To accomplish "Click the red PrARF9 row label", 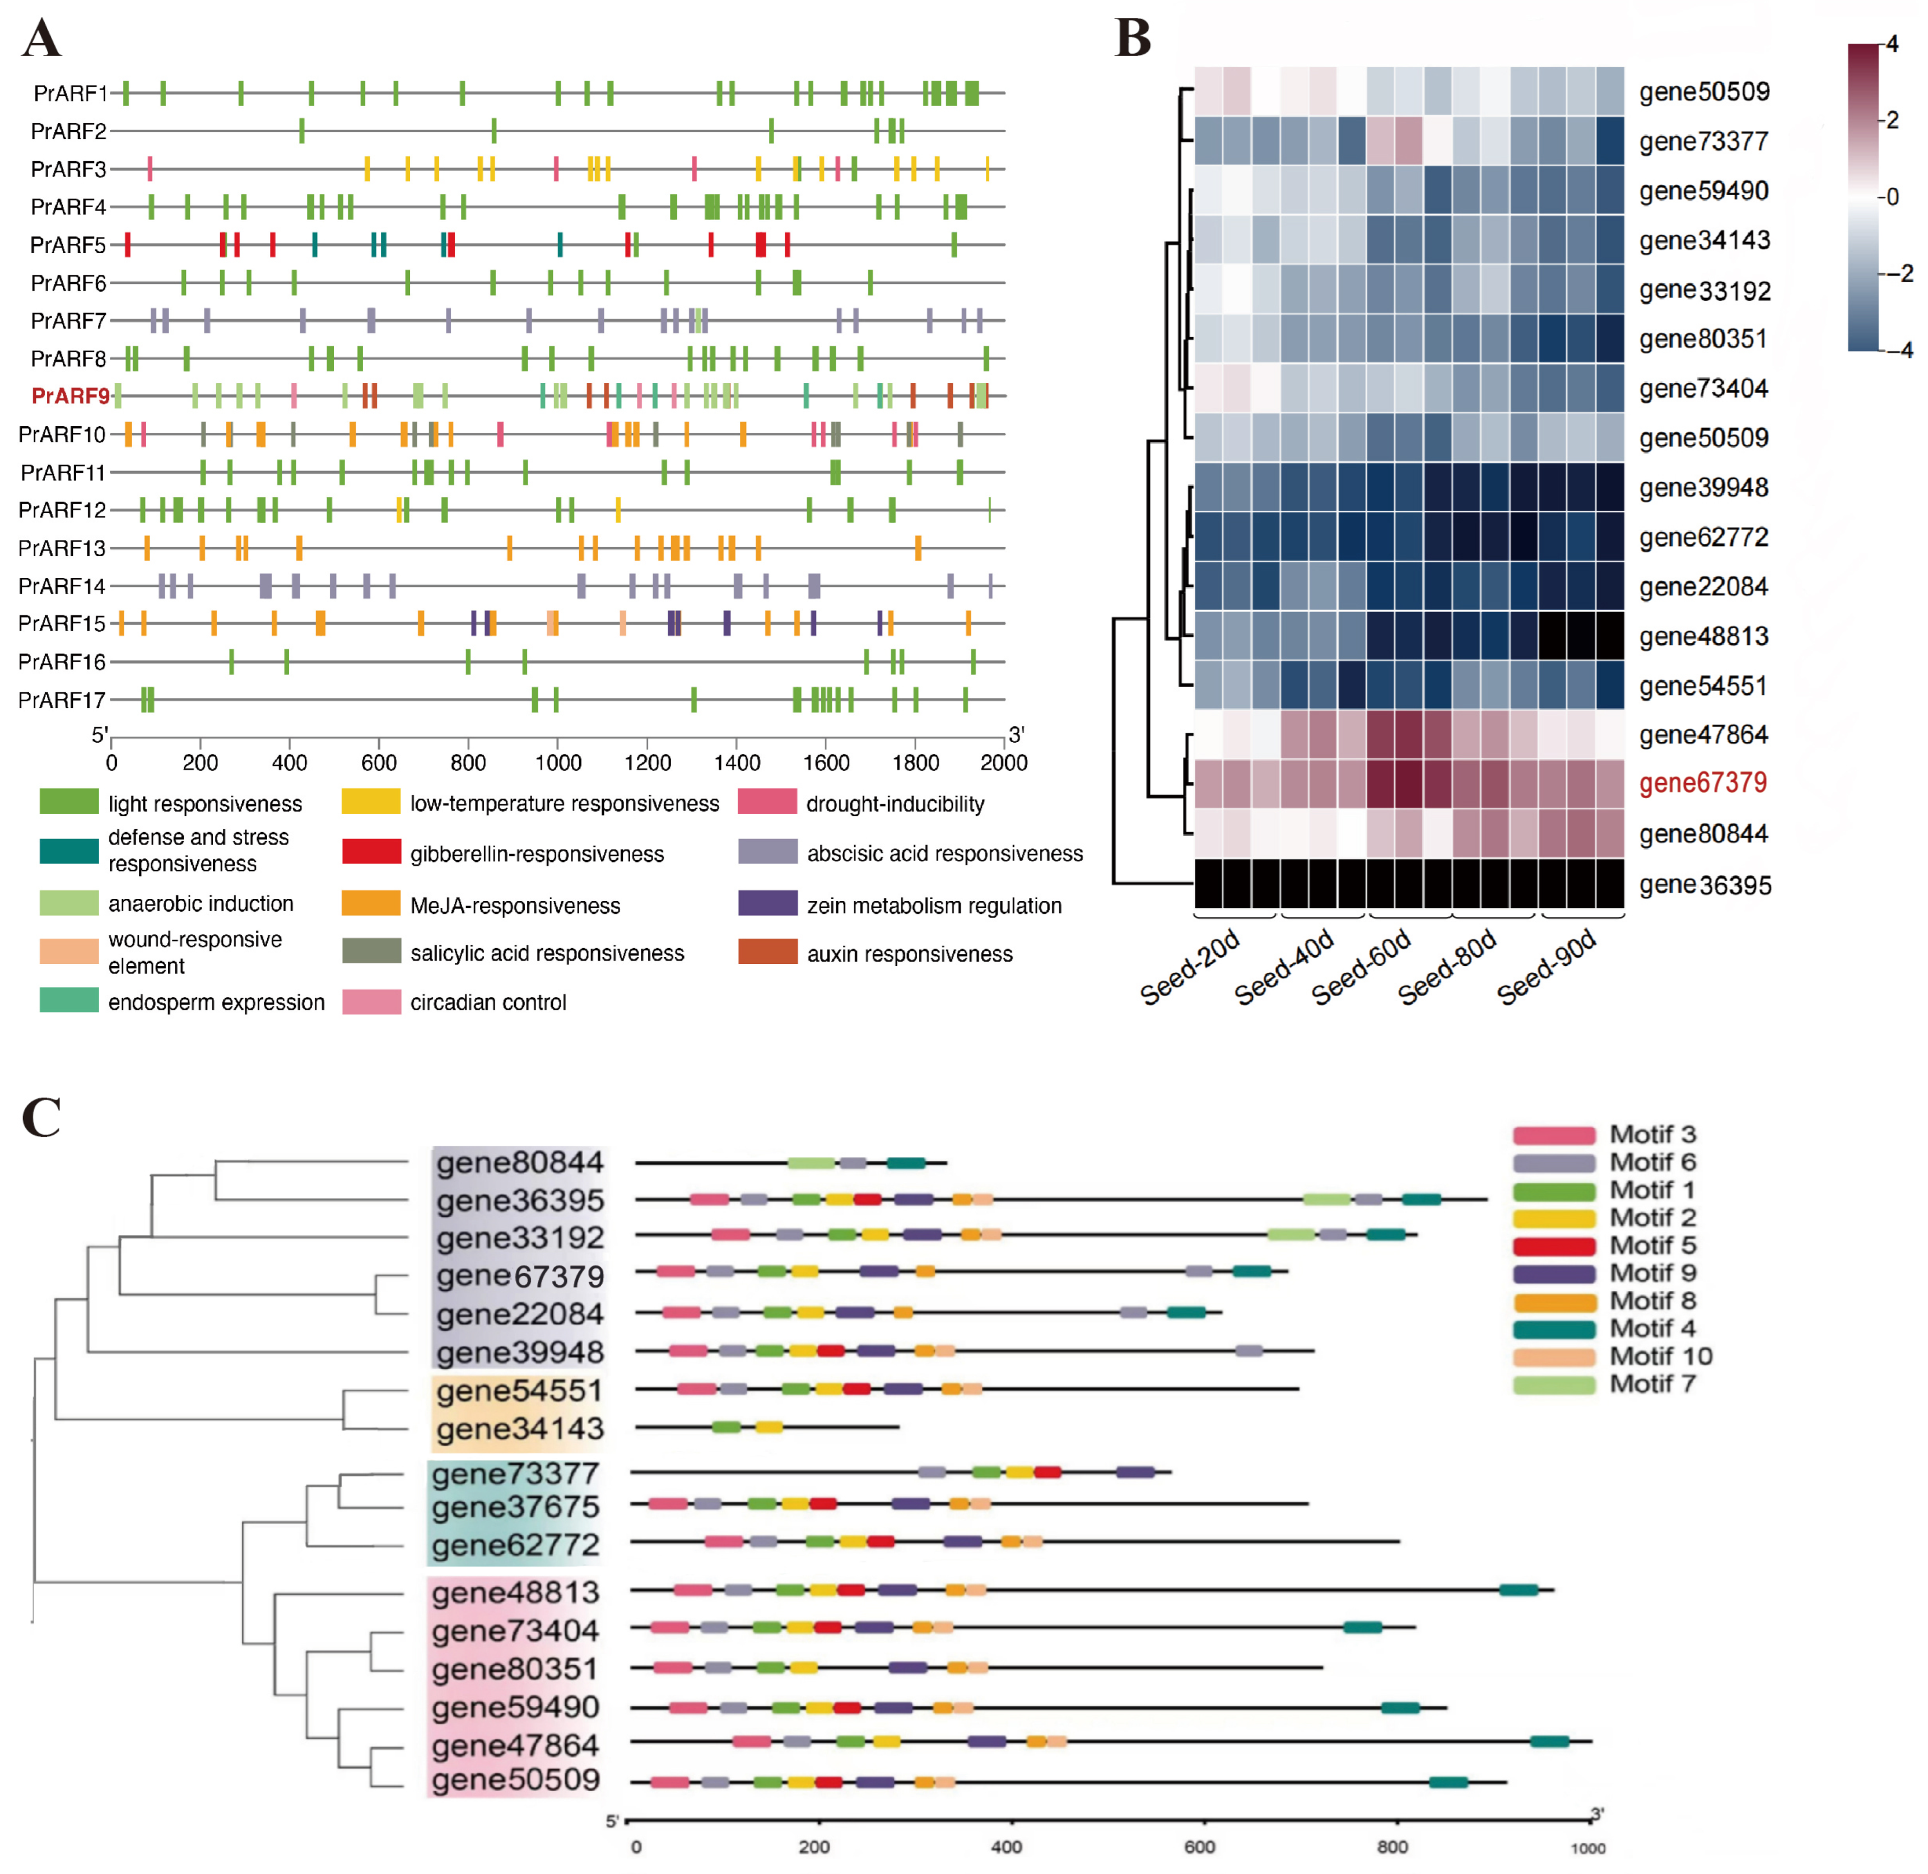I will (x=70, y=395).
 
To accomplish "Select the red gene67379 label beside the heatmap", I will (x=1703, y=784).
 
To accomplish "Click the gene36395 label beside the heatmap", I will (x=1705, y=885).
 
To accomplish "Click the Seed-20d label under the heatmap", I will (x=1189, y=967).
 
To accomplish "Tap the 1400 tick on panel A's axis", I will (x=736, y=763).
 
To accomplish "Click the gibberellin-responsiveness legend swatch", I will (x=371, y=851).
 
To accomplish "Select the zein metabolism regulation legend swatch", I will (x=767, y=903).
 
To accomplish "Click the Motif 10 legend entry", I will (x=1660, y=1356).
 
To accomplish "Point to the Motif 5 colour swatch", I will (x=1553, y=1246).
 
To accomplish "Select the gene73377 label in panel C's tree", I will (x=515, y=1474).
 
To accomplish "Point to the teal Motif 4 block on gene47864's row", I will (x=1549, y=1742).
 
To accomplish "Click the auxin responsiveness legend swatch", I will (x=767, y=952).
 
